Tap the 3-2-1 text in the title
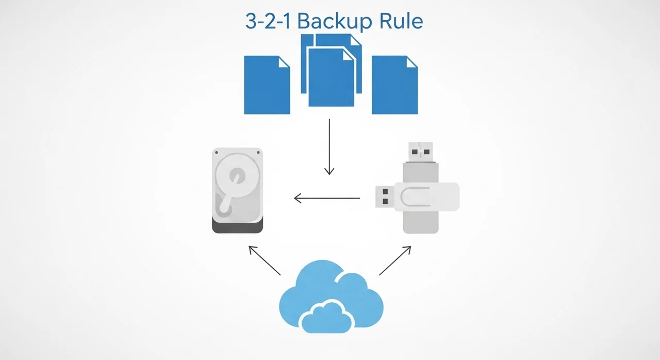click(x=267, y=21)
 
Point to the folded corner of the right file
click(x=412, y=61)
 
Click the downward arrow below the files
click(x=329, y=147)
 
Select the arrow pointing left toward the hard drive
click(x=327, y=198)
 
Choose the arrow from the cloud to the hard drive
click(x=265, y=260)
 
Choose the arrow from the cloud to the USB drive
click(x=395, y=260)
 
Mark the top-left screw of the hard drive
click(x=217, y=153)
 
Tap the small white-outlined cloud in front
click(x=326, y=317)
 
